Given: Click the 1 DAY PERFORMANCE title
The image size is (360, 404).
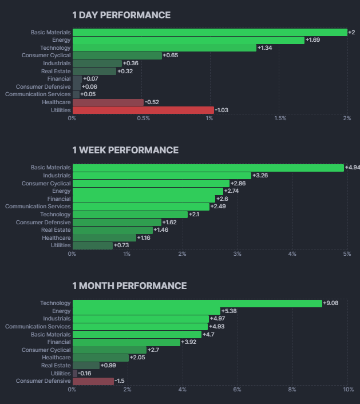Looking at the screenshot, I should tap(121, 15).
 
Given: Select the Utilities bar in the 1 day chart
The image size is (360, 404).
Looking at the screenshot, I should tap(143, 110).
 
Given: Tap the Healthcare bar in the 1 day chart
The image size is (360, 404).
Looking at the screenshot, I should tap(108, 102).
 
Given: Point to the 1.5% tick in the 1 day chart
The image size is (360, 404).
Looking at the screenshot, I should tap(280, 118).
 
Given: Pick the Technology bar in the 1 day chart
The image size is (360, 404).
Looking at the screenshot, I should tap(164, 47).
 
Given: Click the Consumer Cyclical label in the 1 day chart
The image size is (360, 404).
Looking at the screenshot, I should tap(46, 56).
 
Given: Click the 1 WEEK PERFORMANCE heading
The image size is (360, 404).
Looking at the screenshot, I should tap(125, 150).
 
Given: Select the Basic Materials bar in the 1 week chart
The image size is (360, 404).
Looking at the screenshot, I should tap(208, 168).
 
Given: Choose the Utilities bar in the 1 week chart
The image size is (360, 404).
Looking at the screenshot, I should tap(93, 245).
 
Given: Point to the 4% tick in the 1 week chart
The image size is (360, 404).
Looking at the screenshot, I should tap(292, 254).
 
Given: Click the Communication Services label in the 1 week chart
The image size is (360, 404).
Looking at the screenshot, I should tap(38, 207).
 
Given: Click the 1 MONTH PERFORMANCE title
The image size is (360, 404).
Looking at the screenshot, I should tap(129, 286).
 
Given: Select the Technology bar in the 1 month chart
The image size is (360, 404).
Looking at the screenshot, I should tap(197, 303).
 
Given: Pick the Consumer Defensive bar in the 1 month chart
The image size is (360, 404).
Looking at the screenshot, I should tap(93, 381).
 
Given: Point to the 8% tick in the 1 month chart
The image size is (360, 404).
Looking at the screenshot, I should tap(292, 389).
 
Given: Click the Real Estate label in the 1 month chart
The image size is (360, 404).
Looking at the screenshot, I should tap(56, 365).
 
